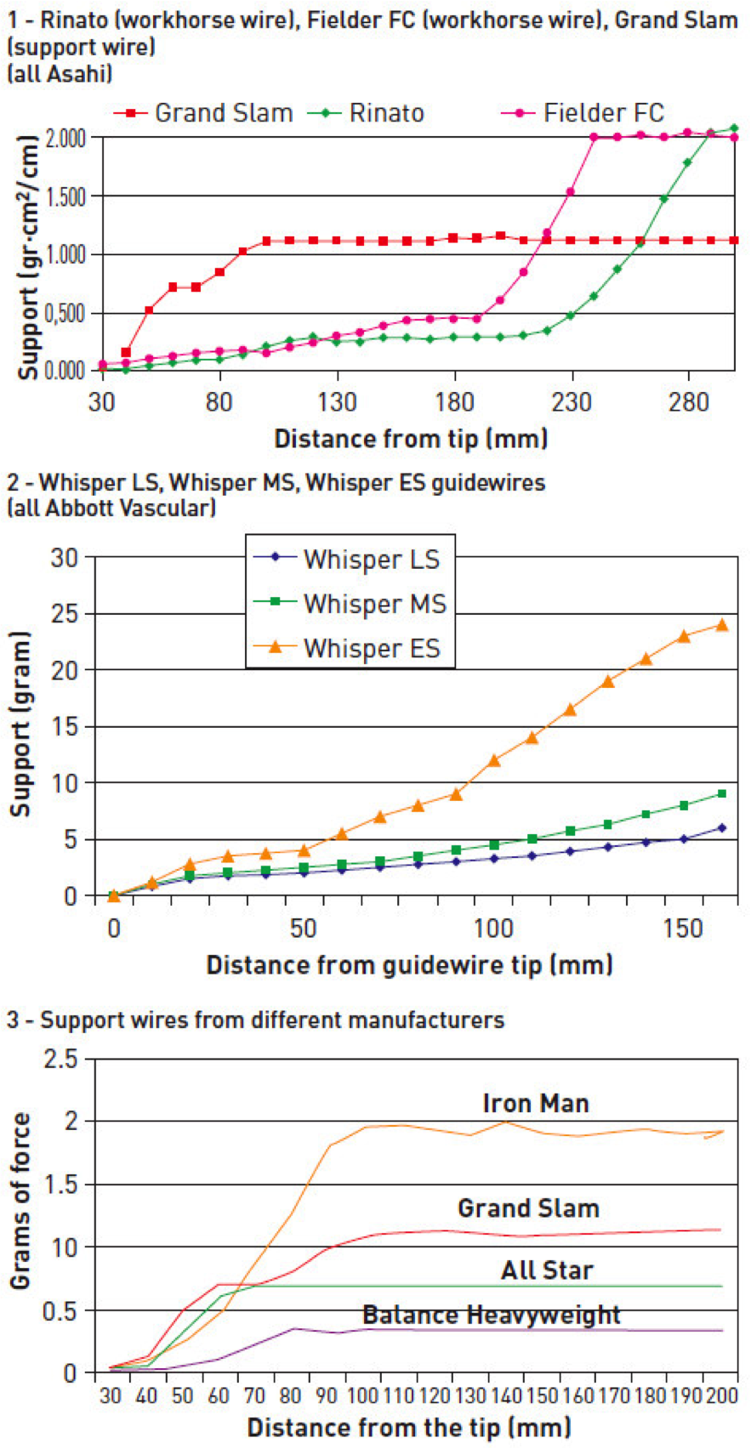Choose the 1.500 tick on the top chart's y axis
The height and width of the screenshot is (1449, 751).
65,197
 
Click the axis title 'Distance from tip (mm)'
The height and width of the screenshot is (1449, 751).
411,439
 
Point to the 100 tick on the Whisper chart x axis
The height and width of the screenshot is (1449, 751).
493,928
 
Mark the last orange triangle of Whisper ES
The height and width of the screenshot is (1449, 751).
722,625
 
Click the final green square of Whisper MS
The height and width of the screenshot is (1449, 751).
722,793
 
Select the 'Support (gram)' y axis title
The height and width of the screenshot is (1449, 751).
20,724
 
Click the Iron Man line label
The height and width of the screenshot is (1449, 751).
535,1104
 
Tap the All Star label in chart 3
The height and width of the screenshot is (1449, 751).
547,1270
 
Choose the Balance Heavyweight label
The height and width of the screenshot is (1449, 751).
492,1315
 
